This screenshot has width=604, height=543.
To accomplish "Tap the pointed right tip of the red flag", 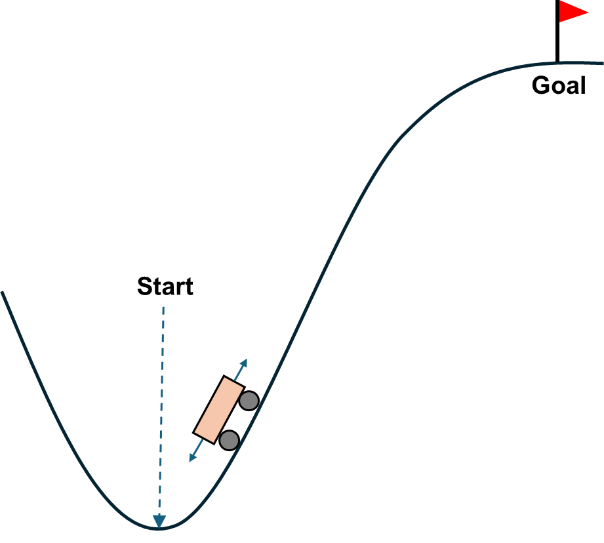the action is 588,12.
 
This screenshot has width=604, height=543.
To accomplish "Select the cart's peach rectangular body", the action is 219,410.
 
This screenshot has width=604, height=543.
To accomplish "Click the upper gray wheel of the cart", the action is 249,401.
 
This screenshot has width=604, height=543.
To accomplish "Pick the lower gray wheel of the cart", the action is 229,440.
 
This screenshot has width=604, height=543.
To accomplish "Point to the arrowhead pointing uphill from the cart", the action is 245,361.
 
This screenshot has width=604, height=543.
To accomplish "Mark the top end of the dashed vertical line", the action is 163,306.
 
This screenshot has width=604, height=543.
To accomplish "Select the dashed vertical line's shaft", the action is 161,407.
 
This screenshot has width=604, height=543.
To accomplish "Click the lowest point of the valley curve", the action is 159,529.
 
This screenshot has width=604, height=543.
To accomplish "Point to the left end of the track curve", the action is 2,292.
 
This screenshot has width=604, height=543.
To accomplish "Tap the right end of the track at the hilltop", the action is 602,63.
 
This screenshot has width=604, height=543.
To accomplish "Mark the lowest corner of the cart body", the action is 213,443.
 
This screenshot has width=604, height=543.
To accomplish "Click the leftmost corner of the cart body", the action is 195,432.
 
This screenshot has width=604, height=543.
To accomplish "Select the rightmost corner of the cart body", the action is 243,387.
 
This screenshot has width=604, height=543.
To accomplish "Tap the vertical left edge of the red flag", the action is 560,11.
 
